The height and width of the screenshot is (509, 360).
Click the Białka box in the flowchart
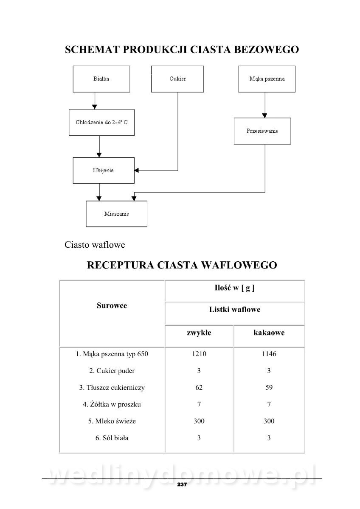pos(101,79)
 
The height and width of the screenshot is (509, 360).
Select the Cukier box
pos(177,79)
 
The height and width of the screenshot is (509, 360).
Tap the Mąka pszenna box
pos(267,79)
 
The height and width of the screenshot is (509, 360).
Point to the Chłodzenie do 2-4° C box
pos(101,123)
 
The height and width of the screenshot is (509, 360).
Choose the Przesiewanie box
pos(262,131)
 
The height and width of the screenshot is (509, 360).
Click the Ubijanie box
pos(103,171)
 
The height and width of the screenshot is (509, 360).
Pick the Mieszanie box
pos(116,214)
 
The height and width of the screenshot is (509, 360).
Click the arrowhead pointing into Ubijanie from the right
pos(137,171)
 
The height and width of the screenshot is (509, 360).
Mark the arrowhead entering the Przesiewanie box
pos(265,115)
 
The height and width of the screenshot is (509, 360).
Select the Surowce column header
pos(112,305)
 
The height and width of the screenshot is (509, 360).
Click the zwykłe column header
pos(199,333)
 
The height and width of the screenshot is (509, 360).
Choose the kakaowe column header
pos(269,333)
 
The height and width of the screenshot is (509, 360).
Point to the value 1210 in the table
pos(199,354)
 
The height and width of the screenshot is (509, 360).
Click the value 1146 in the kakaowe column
pos(269,354)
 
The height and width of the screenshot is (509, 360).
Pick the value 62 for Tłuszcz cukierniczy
pos(199,387)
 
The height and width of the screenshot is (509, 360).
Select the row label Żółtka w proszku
pos(112,404)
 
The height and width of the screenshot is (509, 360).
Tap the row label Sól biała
pos(112,438)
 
